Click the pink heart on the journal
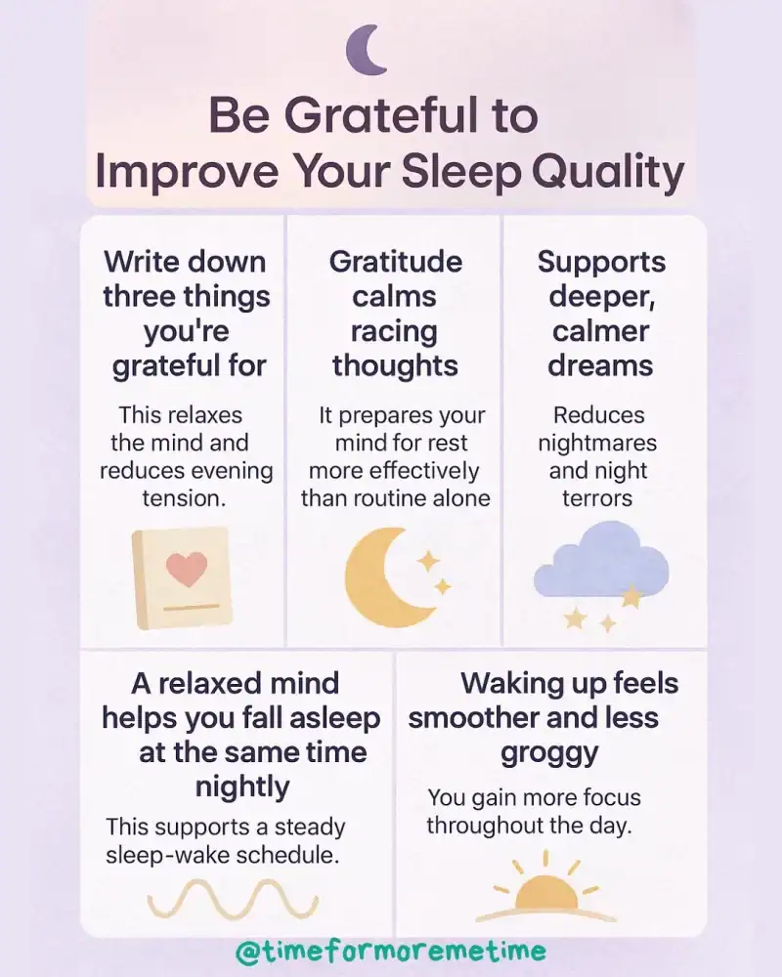187,568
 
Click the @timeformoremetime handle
391,951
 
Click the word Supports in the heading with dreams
601,262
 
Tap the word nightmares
597,443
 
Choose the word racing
394,330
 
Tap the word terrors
597,497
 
